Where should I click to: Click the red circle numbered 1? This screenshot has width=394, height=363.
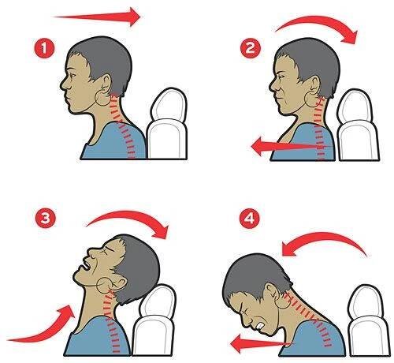pyautogui.click(x=44, y=48)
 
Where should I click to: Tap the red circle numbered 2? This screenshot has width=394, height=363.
pyautogui.click(x=251, y=48)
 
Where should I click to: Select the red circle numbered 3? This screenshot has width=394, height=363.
pyautogui.click(x=45, y=218)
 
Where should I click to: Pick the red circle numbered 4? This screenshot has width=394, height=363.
pyautogui.click(x=249, y=218)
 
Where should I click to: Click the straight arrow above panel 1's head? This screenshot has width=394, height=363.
pyautogui.click(x=97, y=17)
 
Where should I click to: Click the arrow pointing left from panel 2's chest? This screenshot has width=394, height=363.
pyautogui.click(x=289, y=146)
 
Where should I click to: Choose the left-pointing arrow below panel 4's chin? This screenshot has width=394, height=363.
pyautogui.click(x=260, y=343)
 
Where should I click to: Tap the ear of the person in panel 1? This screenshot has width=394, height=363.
pyautogui.click(x=107, y=84)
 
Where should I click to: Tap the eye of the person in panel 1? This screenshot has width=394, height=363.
pyautogui.click(x=72, y=75)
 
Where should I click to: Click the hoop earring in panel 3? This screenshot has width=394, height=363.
pyautogui.click(x=105, y=286)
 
